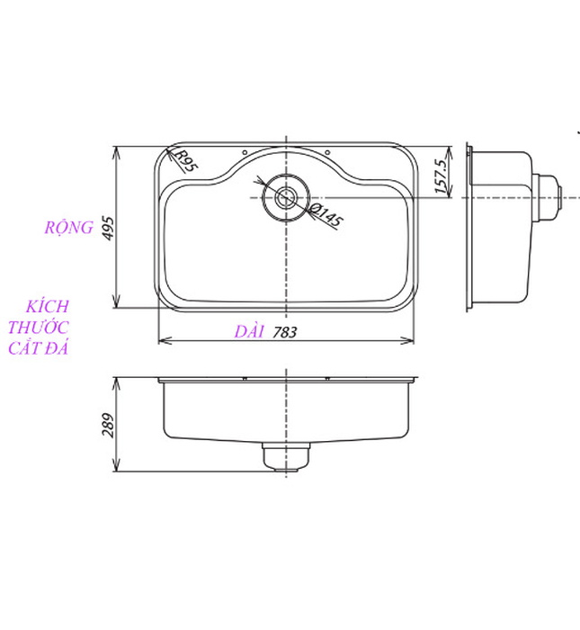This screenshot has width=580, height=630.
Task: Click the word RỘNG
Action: [x=69, y=228]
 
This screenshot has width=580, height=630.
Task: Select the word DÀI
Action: [x=248, y=332]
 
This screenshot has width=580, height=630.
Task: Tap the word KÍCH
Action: [x=48, y=307]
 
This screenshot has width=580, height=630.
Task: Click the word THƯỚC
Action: [x=38, y=328]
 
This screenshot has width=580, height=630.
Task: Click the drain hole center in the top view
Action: [x=286, y=196]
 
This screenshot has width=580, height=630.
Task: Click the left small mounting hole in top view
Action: [x=245, y=150]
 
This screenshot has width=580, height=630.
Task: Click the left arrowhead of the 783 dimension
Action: [x=162, y=342]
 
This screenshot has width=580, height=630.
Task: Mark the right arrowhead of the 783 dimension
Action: [x=412, y=342]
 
